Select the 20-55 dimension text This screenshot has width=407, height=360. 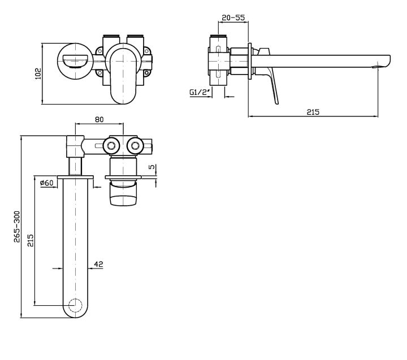233,18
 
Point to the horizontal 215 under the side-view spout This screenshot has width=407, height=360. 313,112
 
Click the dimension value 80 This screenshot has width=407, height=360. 99,120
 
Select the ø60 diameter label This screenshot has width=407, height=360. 46,182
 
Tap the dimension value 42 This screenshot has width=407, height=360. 98,263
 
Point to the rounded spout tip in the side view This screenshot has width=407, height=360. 388,60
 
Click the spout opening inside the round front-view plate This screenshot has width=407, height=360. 74,59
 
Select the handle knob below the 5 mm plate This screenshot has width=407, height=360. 124,195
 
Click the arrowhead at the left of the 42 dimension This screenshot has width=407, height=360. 62,269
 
